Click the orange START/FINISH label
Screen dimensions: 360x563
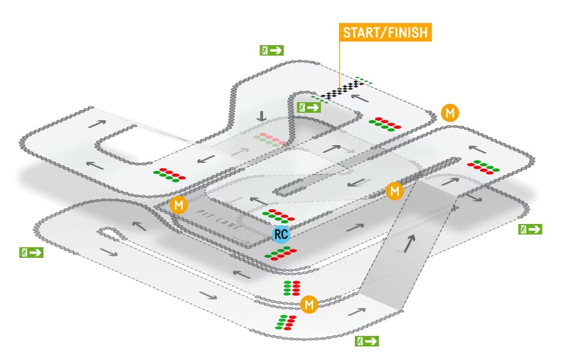385,32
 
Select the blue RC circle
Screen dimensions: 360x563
280,234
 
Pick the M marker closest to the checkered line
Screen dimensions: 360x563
450,113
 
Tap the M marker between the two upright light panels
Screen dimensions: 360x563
309,305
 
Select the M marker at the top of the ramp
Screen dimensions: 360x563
395,191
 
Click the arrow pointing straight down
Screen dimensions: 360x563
261,117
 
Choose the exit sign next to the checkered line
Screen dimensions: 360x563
309,107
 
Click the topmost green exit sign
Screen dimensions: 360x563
271,50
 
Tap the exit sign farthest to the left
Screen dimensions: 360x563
32,252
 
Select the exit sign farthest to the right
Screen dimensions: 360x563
530,229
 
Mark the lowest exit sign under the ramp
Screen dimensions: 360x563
366,341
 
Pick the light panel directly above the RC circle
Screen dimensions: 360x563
278,216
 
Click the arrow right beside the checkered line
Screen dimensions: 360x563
361,97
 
